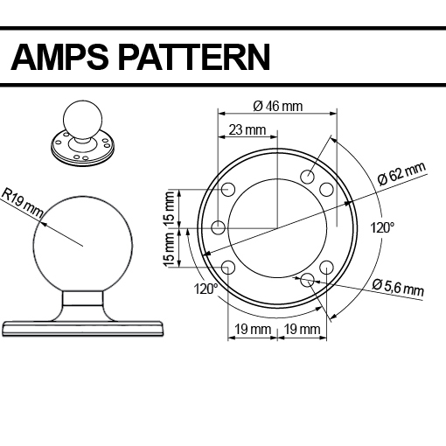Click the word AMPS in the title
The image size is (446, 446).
click(x=59, y=57)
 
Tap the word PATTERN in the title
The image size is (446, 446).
click(x=194, y=57)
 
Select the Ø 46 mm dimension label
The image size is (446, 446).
click(x=278, y=106)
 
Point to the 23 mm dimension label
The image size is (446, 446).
click(x=247, y=129)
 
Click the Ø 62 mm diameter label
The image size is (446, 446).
click(x=402, y=174)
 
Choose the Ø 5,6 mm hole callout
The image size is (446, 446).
click(x=398, y=288)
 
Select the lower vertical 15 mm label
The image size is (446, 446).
click(x=169, y=249)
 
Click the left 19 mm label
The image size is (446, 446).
click(x=253, y=330)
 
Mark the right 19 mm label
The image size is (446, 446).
click(x=302, y=330)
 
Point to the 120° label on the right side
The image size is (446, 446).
click(x=382, y=227)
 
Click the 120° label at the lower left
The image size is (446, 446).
click(x=206, y=289)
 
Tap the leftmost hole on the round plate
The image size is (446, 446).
click(x=218, y=227)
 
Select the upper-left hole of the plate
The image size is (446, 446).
click(x=228, y=190)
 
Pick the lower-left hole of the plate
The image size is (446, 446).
click(x=228, y=267)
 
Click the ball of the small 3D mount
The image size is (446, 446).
click(x=82, y=120)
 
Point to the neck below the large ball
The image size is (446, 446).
click(x=83, y=298)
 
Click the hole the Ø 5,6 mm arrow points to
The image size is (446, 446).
click(x=307, y=280)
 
